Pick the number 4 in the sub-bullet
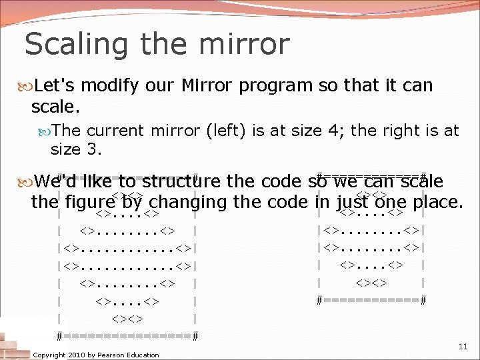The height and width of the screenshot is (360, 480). (x=337, y=131)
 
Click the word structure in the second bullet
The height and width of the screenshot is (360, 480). (x=177, y=181)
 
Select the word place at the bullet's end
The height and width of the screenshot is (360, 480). (x=435, y=201)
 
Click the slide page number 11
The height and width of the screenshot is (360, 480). (x=463, y=347)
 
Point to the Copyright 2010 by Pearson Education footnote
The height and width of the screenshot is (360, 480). (x=96, y=355)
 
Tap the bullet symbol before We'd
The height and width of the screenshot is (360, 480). (x=29, y=182)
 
